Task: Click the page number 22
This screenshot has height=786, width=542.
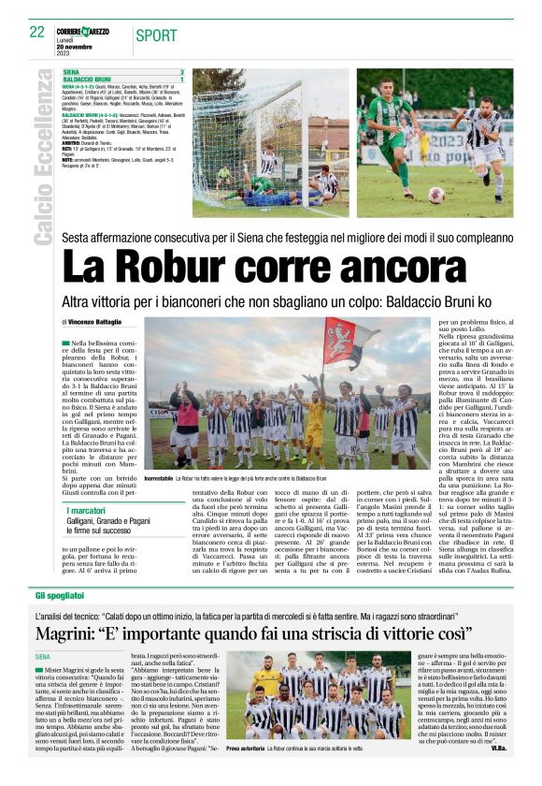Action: [x=36, y=32]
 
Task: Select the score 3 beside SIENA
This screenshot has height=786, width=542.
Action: [x=181, y=72]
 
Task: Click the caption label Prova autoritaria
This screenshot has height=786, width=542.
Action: [x=246, y=750]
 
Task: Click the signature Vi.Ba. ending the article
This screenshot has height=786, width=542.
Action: [x=503, y=750]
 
